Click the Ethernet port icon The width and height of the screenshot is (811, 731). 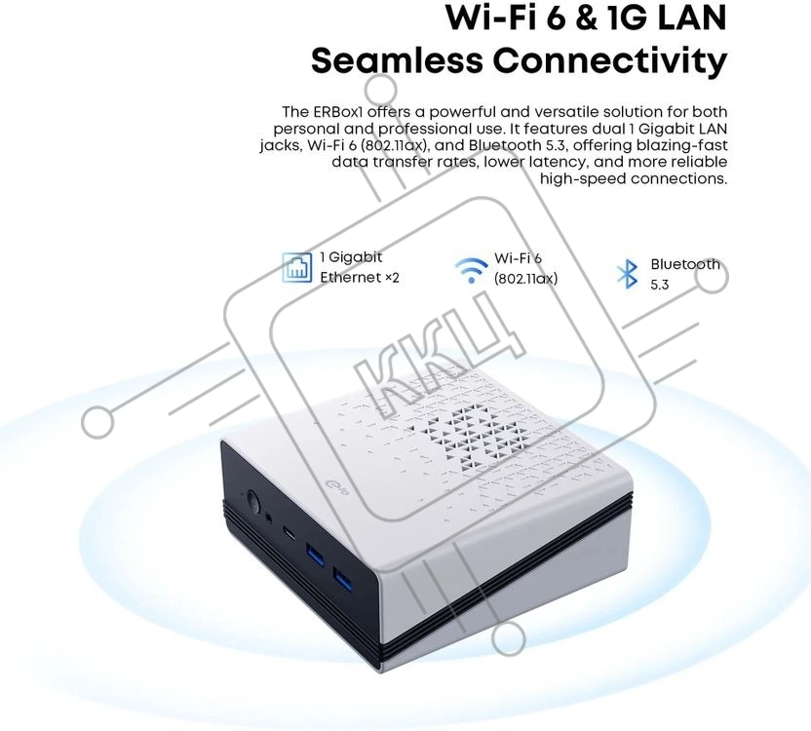[x=297, y=267]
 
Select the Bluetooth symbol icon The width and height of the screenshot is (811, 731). [x=628, y=274]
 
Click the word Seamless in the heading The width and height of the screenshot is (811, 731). [x=397, y=61]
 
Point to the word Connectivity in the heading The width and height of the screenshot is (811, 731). [x=610, y=62]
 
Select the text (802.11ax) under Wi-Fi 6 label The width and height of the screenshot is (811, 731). [x=525, y=279]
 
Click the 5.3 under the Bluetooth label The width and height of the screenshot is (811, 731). [x=660, y=285]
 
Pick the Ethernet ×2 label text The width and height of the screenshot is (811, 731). [x=360, y=278]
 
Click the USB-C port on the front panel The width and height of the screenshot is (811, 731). [x=290, y=532]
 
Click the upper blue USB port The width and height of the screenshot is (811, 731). [x=314, y=554]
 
